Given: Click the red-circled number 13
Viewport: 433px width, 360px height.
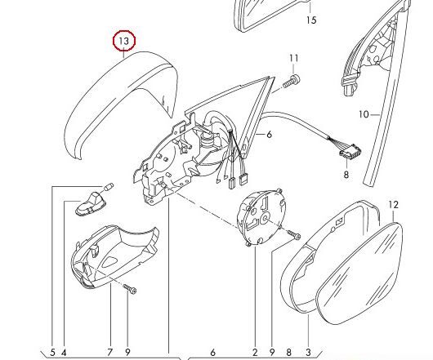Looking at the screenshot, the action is [x=124, y=41].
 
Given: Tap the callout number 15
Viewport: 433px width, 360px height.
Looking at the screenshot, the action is [x=311, y=20].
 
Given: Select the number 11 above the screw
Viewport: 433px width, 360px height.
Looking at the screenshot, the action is [x=294, y=58].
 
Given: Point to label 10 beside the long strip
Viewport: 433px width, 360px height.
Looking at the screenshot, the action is [x=364, y=114].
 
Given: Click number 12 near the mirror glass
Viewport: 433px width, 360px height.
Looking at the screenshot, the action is [x=394, y=205].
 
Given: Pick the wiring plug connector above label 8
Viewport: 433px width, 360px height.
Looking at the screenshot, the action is [x=350, y=154].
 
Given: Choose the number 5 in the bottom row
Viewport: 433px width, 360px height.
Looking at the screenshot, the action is [x=52, y=353].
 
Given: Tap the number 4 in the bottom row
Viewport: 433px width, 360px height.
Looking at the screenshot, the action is [x=64, y=353].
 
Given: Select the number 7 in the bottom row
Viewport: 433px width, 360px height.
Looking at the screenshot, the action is [x=110, y=353].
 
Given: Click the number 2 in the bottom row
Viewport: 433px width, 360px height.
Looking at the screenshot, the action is [x=255, y=353].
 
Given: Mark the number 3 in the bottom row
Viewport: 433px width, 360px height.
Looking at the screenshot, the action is [x=308, y=353].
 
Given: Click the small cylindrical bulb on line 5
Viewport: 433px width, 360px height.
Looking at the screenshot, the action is [x=109, y=186].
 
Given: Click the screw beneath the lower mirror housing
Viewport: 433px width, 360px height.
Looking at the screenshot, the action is [x=130, y=289].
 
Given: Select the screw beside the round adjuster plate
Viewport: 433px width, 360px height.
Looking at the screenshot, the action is [x=293, y=235].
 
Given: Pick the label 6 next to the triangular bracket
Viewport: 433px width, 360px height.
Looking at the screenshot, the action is [x=270, y=135].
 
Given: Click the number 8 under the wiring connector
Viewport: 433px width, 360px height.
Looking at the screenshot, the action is [x=346, y=175].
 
